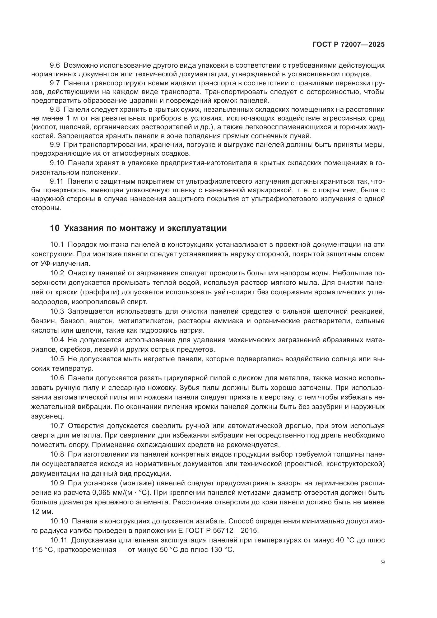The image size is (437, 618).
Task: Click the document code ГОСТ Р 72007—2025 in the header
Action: [348, 45]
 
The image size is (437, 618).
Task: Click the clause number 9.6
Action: [56, 66]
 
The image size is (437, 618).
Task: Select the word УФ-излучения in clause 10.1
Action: [65, 263]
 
